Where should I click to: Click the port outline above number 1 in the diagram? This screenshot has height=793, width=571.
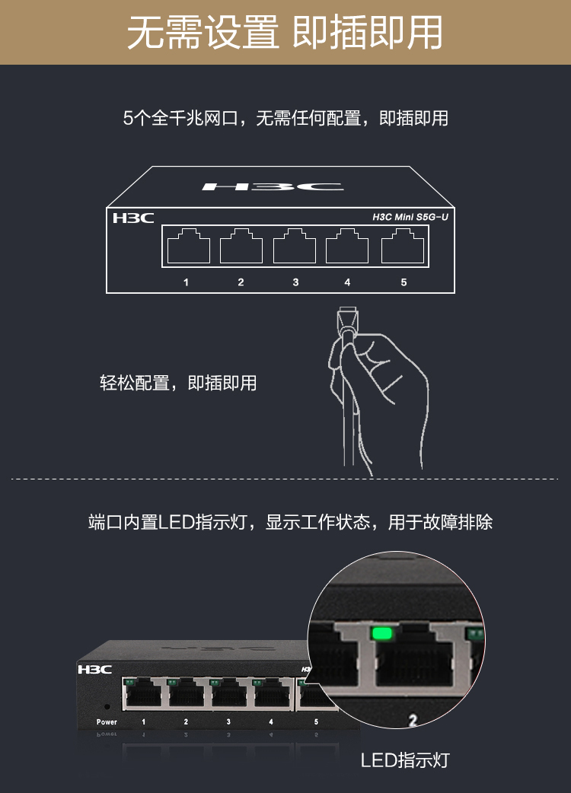(x=188, y=247)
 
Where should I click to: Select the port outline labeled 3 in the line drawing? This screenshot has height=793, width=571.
(x=295, y=247)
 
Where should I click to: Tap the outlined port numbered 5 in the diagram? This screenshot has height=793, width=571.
(x=403, y=247)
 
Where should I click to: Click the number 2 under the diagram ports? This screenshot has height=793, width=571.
(x=241, y=282)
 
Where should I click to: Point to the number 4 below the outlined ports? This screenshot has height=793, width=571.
(x=347, y=282)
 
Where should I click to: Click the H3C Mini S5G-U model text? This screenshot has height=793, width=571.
(x=410, y=217)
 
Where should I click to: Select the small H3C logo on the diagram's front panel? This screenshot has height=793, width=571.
(x=133, y=218)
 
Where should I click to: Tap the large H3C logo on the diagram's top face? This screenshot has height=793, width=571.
(x=273, y=186)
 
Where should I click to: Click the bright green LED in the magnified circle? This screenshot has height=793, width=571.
(x=382, y=633)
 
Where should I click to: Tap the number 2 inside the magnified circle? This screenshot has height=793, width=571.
(x=413, y=720)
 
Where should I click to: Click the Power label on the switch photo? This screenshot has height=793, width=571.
(x=107, y=721)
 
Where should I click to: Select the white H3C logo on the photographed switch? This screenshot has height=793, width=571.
(x=94, y=670)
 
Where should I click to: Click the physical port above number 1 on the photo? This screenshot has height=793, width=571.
(x=143, y=693)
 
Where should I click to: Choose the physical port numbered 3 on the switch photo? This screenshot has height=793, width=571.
(x=228, y=693)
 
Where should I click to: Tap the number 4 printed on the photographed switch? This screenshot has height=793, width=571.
(x=271, y=721)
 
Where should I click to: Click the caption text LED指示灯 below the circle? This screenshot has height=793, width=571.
(x=405, y=760)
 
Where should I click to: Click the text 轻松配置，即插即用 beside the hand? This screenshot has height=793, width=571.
(x=178, y=383)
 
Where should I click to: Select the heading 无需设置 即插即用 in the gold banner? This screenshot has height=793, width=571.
(x=285, y=33)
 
